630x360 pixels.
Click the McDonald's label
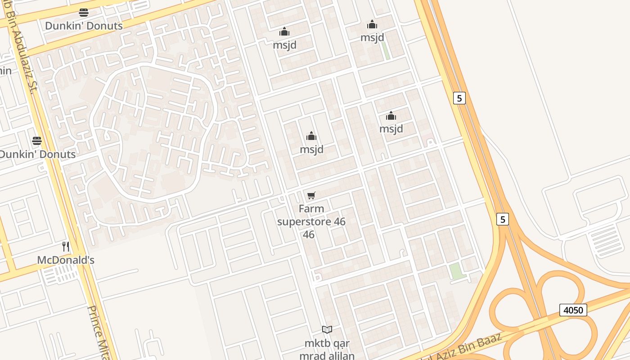tap(66, 260)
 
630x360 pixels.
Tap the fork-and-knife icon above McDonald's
tap(66, 246)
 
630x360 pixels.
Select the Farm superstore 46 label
tap(311, 221)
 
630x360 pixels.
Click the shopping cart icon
tap(311, 195)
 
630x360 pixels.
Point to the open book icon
tap(327, 330)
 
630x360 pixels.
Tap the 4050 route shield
tap(573, 310)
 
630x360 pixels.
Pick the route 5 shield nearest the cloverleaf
tap(503, 219)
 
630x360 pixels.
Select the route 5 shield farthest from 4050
tap(459, 98)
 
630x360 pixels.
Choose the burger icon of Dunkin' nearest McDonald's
tap(37, 141)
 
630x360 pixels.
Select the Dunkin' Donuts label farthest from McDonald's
tap(84, 26)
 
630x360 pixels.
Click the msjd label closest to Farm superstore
tap(311, 149)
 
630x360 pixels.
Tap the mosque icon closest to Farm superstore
tap(311, 136)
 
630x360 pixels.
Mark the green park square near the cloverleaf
tap(456, 271)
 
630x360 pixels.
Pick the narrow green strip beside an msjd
tap(386, 50)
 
